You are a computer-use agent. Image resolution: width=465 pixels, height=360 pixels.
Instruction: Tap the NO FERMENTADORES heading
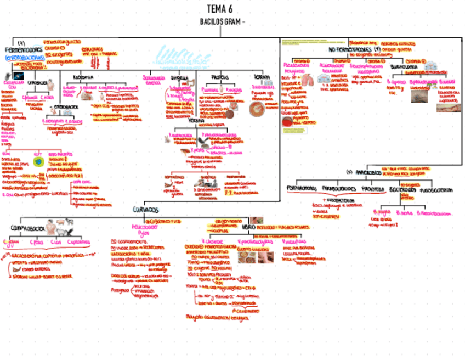pyautogui.click(x=350, y=50)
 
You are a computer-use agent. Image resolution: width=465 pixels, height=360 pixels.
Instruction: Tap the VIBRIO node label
pyautogui.click(x=248, y=226)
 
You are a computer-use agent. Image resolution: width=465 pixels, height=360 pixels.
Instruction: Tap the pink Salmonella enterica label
pyautogui.click(x=154, y=80)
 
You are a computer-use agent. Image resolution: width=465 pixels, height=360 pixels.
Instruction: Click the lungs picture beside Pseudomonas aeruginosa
pyautogui.click(x=308, y=80)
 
